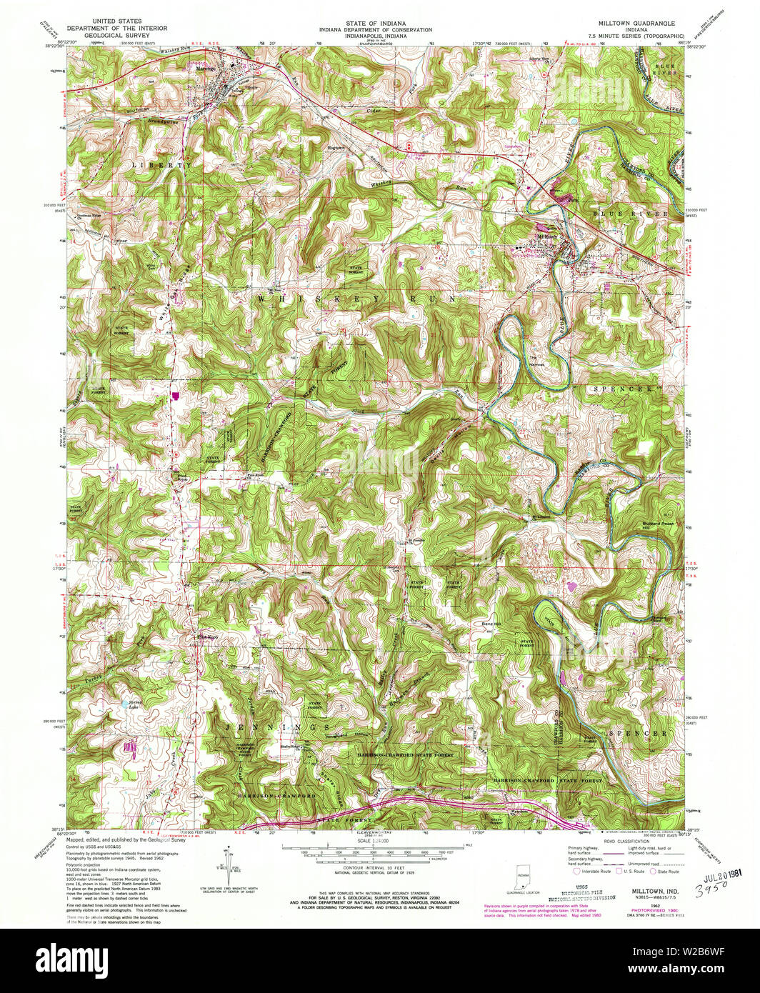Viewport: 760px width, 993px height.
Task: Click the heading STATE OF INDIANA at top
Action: pyautogui.click(x=380, y=23)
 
